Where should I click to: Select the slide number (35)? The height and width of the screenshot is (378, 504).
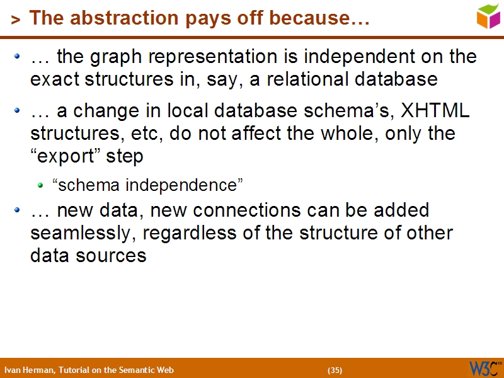tap(335, 370)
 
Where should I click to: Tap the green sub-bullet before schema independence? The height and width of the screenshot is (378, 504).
tap(40, 185)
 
